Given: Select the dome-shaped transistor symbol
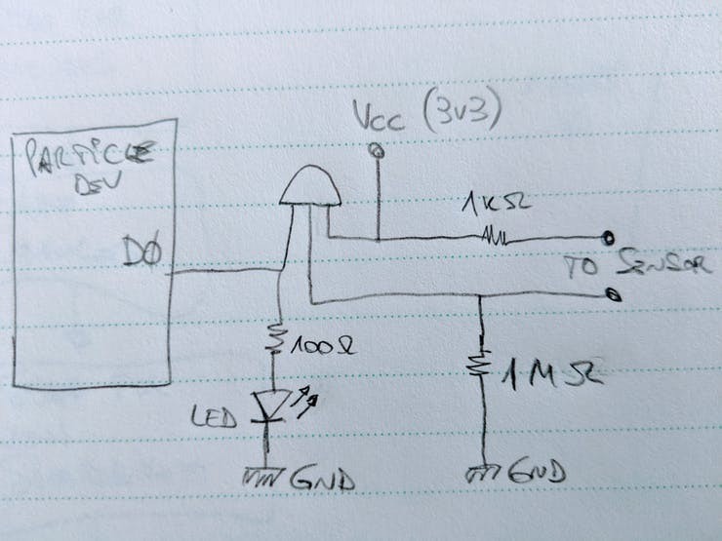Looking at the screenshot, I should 310,186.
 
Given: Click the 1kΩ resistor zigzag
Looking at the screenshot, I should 492,236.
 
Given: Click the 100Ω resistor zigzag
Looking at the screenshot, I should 275,340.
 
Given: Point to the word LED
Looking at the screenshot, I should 215,419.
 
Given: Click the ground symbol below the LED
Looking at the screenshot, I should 262,477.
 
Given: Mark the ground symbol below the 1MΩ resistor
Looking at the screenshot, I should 483,474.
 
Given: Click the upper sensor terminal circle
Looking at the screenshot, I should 608,237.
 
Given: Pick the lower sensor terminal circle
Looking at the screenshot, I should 611,293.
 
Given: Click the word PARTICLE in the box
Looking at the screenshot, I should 91,155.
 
